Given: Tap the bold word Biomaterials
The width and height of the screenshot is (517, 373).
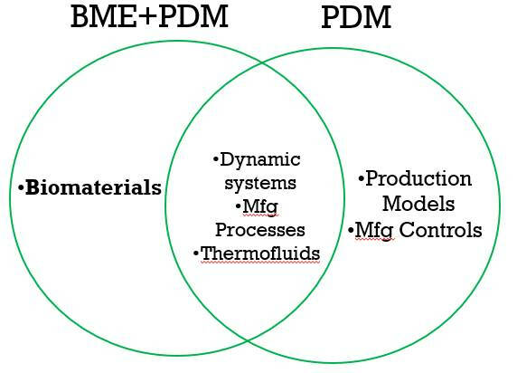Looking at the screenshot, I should (93, 188).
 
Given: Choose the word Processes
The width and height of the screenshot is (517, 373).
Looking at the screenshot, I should (259, 230).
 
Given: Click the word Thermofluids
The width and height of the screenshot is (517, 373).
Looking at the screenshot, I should (260, 253).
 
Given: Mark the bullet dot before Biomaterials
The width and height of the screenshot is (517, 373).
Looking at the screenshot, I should (21, 189).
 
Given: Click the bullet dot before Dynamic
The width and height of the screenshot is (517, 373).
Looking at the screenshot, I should (216, 161).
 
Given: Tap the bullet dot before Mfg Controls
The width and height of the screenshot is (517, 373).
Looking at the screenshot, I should (350, 231).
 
